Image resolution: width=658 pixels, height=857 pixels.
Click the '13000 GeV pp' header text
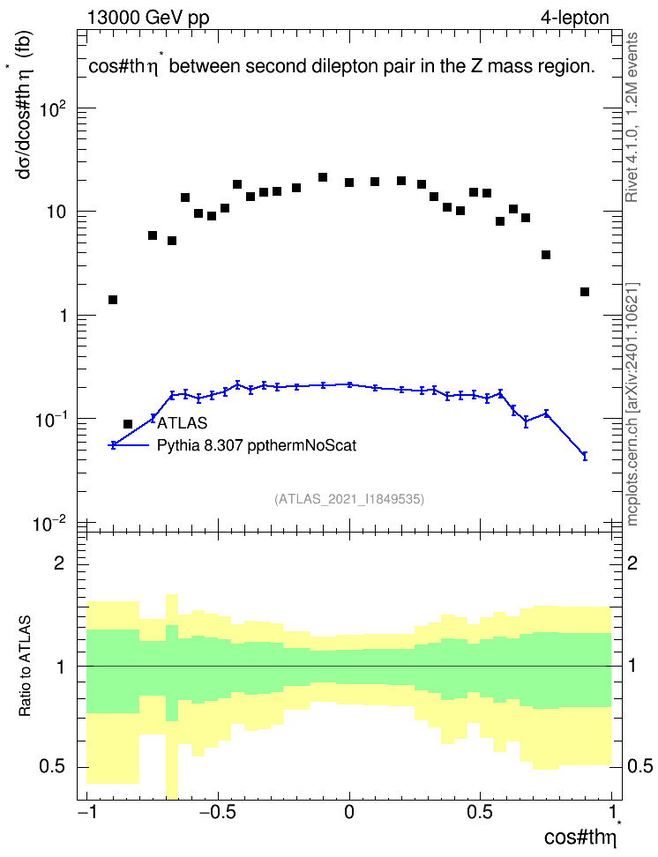pyautogui.click(x=148, y=18)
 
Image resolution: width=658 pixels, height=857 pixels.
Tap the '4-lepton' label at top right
pyautogui.click(x=574, y=18)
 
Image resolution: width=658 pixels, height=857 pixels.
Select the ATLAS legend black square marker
pyautogui.click(x=128, y=424)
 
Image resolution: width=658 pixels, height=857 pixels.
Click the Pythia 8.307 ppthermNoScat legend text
pyautogui.click(x=257, y=445)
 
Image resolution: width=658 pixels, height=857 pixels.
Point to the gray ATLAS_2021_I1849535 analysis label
pyautogui.click(x=349, y=499)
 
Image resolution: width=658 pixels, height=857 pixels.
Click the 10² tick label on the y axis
pyautogui.click(x=52, y=109)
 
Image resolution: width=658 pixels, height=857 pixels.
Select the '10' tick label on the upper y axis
pyautogui.click(x=56, y=212)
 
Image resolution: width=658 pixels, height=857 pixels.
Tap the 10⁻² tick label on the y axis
pyautogui.click(x=49, y=524)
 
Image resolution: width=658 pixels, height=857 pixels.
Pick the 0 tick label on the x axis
pyautogui.click(x=349, y=812)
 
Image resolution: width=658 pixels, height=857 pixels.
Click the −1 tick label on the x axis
pyautogui.click(x=86, y=812)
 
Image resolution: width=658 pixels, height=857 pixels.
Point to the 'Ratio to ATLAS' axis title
pyautogui.click(x=25, y=667)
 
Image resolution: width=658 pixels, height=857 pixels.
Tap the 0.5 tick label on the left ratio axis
pyautogui.click(x=52, y=767)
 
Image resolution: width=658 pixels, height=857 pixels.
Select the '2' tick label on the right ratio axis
pyautogui.click(x=632, y=563)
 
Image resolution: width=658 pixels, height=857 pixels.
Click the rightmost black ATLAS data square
pyautogui.click(x=585, y=292)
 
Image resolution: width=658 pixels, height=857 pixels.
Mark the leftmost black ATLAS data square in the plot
pyautogui.click(x=113, y=300)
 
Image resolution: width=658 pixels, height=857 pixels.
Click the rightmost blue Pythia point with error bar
pyautogui.click(x=585, y=456)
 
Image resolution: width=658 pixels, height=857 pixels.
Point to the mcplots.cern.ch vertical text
pyautogui.click(x=632, y=405)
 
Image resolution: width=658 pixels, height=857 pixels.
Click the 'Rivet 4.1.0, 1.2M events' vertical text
pyautogui.click(x=632, y=117)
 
